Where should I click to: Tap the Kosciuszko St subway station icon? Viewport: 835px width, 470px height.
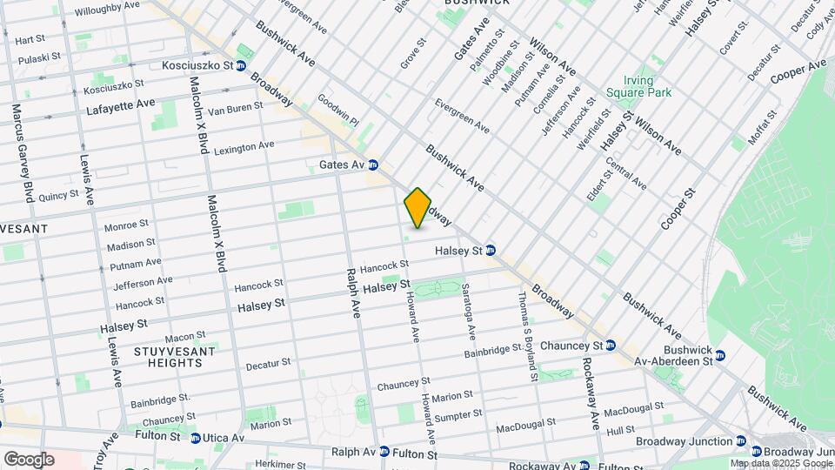click(x=241, y=65)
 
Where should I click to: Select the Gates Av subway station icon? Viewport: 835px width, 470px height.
click(x=373, y=164)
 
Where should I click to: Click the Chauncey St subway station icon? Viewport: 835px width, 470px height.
click(x=611, y=346)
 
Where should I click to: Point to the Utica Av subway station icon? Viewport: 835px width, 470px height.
click(x=196, y=438)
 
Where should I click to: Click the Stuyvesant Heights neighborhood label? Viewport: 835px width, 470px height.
click(x=169, y=356)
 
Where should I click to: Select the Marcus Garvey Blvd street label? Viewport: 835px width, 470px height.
click(x=18, y=152)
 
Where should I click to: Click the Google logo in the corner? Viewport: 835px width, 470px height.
click(x=29, y=459)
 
